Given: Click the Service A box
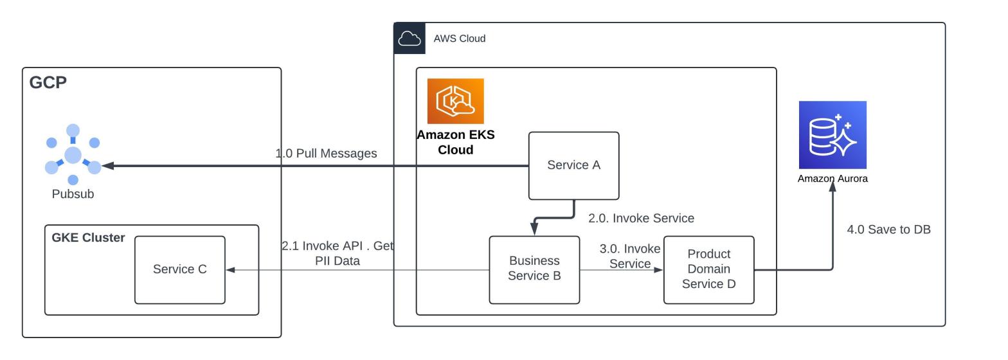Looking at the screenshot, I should tap(573, 166).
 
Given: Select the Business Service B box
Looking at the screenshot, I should tap(534, 269).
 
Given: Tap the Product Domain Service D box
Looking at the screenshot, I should tap(708, 269).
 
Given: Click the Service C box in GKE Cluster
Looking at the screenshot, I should tap(179, 269).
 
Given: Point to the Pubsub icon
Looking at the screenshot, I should tap(73, 155).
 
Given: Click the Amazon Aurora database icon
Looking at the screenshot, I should tap(833, 135).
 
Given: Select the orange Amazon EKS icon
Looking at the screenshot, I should tap(455, 101).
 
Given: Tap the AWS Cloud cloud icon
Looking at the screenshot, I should tap(410, 39).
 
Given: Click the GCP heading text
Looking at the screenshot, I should tap(48, 82).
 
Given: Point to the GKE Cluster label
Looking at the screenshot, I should tap(88, 238).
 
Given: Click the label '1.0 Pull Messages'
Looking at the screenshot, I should tap(326, 154).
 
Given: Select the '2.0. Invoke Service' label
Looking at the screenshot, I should tap(641, 219).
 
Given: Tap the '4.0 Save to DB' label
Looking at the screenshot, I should tap(888, 230).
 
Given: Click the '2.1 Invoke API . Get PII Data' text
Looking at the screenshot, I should tap(337, 253).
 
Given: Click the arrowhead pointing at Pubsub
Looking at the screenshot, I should tap(107, 166).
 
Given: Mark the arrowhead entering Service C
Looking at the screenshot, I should tap(230, 270).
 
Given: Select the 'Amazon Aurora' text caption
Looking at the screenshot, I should tap(833, 179).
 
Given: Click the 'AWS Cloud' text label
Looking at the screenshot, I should tap(459, 39).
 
